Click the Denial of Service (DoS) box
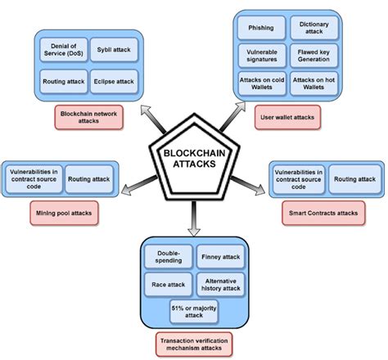[61, 49]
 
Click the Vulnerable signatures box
[260, 56]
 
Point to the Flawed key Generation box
[314, 56]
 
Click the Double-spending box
[169, 257]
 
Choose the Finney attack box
[219, 257]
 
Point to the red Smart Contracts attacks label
[323, 214]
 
